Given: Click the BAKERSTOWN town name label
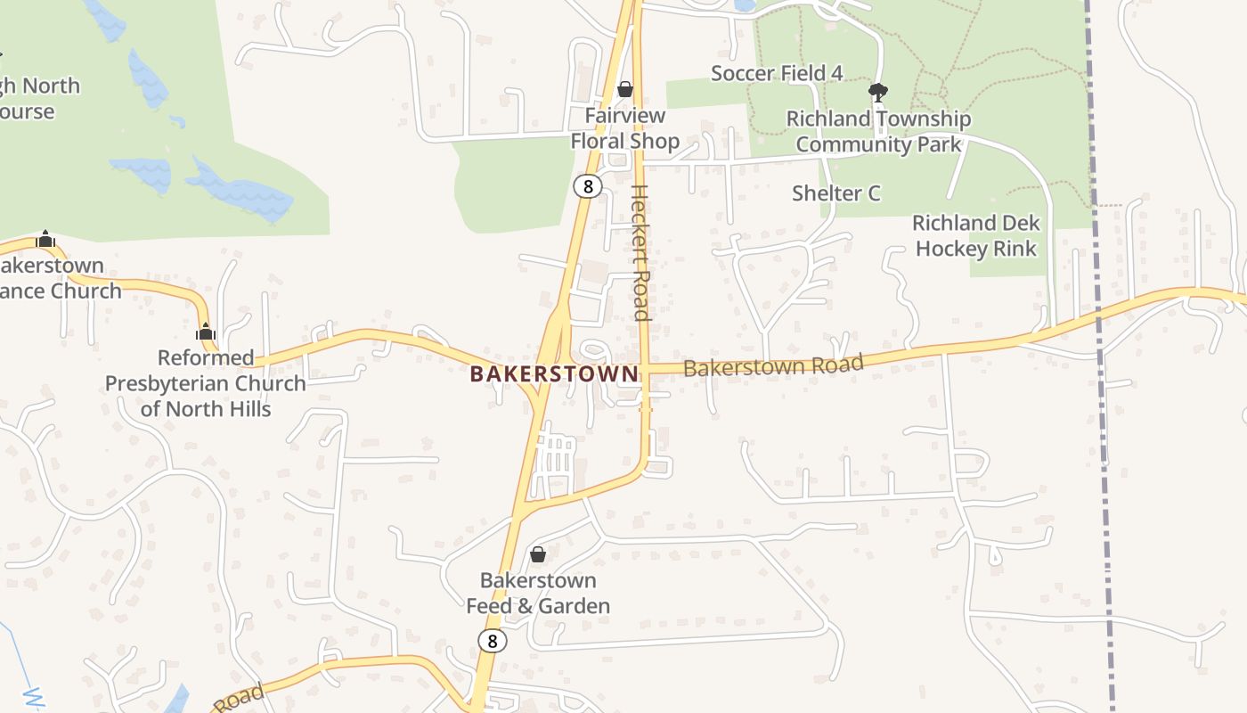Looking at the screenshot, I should (x=554, y=374).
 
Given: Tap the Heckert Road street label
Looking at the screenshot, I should (x=640, y=252).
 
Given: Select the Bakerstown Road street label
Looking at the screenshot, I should (x=773, y=365).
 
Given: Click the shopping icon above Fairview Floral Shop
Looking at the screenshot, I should (x=625, y=89).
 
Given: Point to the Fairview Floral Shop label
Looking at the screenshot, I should (x=624, y=129).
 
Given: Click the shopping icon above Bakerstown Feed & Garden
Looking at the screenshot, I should (x=538, y=554).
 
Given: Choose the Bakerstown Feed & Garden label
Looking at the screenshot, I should (x=538, y=594).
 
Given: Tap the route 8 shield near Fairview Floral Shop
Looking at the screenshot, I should (x=587, y=186).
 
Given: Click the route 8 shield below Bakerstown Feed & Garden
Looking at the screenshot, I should (x=492, y=641).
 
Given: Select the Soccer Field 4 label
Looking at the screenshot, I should (x=777, y=73).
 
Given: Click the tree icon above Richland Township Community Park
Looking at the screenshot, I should (x=878, y=92).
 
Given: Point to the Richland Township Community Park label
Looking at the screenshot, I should (x=878, y=132).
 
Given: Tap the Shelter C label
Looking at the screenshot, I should (x=836, y=193).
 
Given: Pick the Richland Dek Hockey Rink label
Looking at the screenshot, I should (x=976, y=236).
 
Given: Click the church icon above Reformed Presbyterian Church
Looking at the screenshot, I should (x=206, y=332).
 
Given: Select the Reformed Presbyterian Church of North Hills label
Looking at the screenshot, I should (x=206, y=383).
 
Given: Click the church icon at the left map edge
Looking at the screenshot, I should (x=45, y=239).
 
